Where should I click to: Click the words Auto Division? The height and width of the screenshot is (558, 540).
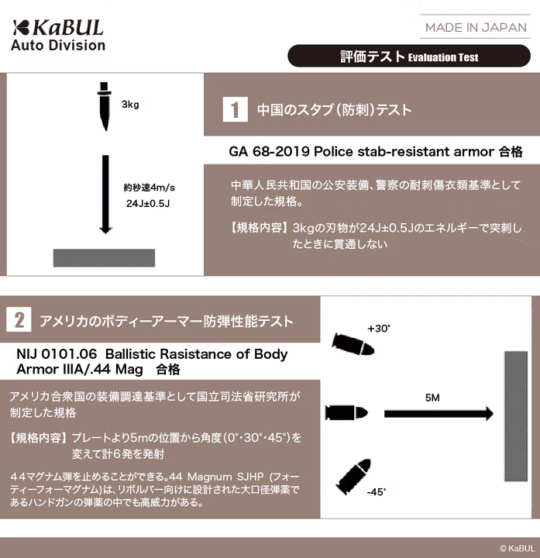pos(58,45)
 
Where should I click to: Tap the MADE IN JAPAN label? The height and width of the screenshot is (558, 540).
pos(476,27)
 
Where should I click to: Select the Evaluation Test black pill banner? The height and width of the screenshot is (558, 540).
pos(410,57)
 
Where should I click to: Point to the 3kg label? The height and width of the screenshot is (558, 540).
pos(130,105)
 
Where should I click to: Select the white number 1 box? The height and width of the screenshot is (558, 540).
pos(235,109)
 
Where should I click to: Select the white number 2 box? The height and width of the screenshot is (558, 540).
pos(19,320)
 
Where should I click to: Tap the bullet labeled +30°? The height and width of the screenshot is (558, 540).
pos(353,345)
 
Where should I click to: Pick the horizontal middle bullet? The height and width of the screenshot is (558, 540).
pos(345,412)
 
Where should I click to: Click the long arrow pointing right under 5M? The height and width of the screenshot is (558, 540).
pos(439,412)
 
